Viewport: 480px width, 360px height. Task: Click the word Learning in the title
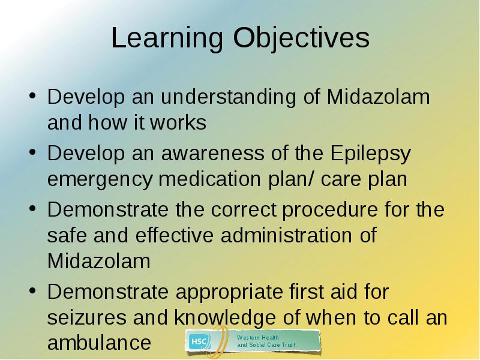click(167, 38)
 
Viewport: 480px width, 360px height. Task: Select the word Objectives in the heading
click(301, 38)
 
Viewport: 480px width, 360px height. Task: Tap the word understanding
click(229, 97)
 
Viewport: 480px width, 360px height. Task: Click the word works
click(178, 123)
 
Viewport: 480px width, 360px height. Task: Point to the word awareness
click(212, 153)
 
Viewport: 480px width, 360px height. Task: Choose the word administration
click(286, 235)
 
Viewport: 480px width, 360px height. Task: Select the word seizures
click(86, 317)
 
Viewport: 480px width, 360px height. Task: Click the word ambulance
click(99, 342)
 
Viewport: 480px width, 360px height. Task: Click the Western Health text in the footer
click(258, 338)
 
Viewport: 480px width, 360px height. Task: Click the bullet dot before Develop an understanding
click(33, 96)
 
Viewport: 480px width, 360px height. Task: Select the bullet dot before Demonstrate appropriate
click(33, 291)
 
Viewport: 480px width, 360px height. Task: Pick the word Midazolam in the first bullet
click(379, 97)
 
